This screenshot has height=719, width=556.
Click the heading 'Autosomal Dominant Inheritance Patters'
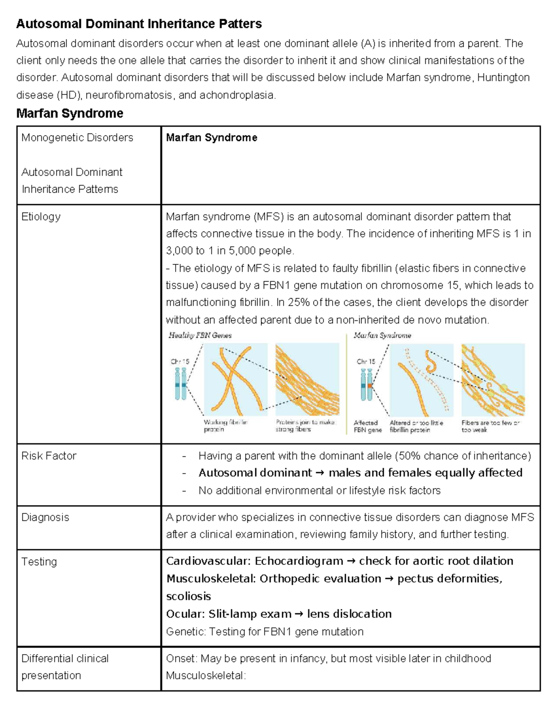coord(139,24)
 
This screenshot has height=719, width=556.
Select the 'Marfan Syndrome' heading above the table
coord(69,113)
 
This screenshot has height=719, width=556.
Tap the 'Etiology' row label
coord(41,217)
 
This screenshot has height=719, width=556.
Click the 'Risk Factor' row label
coord(49,456)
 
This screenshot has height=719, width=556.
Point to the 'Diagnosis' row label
coord(45,517)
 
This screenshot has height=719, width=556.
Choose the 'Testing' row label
coord(39,562)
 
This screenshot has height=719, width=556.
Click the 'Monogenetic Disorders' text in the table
coord(77,138)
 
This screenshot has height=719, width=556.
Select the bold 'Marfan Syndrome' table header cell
coord(211,138)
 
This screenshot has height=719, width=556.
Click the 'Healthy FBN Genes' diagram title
coord(200,335)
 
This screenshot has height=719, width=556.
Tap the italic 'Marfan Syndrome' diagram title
coord(382,335)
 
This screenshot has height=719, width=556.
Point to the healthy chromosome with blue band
coord(180,384)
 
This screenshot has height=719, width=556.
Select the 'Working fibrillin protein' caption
coord(226,426)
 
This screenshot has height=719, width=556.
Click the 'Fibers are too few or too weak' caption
coord(490,426)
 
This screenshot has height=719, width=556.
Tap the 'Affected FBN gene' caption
coord(367,426)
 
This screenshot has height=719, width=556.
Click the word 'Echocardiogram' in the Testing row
coord(299,561)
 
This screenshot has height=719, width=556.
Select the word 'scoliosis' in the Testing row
coord(189,596)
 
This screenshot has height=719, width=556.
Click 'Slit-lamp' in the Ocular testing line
coord(230,614)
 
